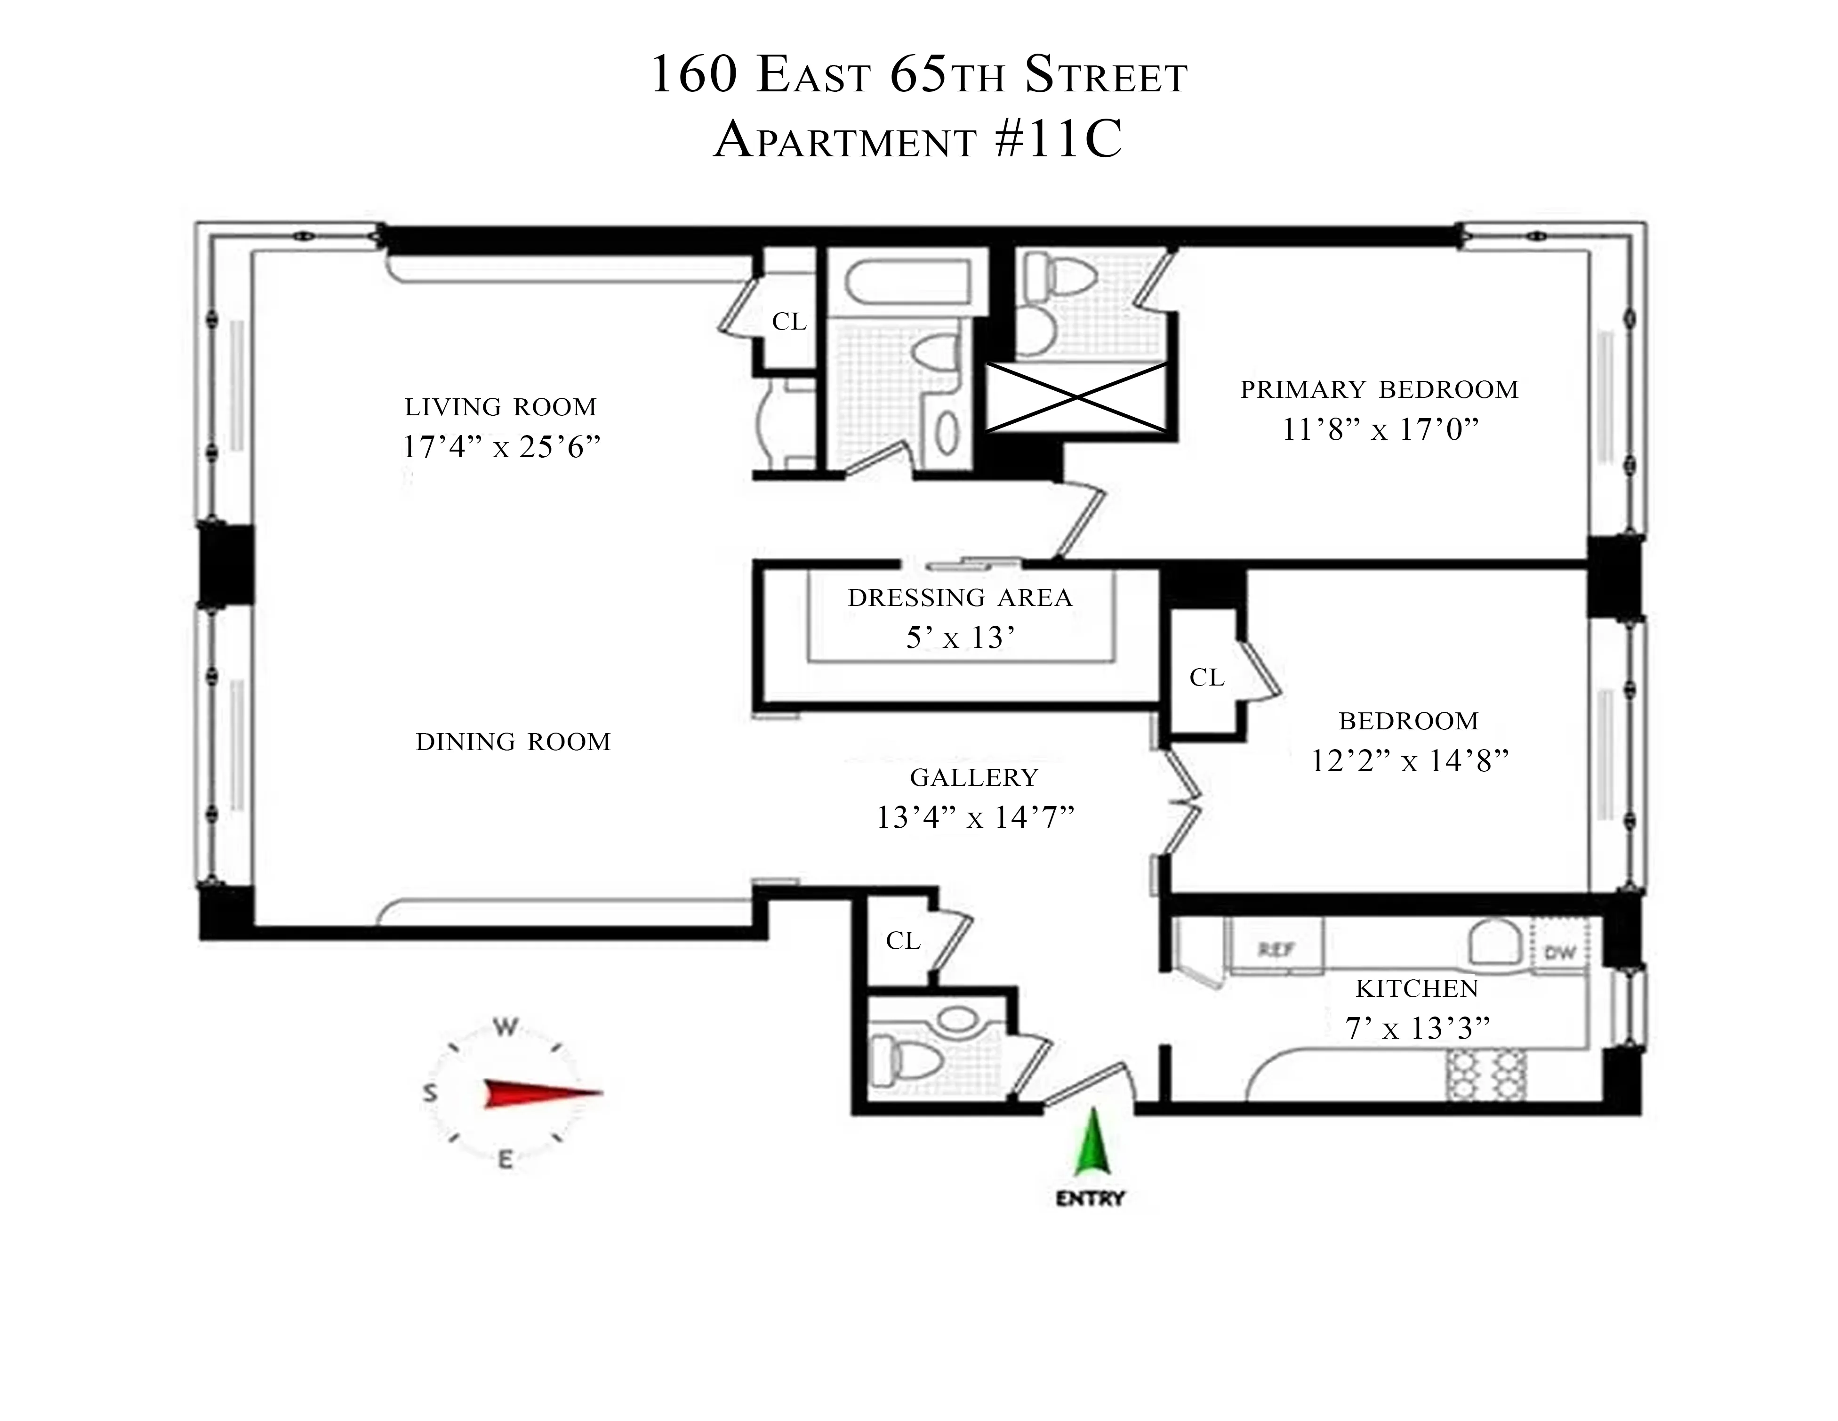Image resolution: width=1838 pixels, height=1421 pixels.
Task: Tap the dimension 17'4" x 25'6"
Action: [502, 447]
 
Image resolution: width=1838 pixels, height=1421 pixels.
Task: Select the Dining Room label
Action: [514, 742]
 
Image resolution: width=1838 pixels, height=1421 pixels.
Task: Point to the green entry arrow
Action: [1092, 1143]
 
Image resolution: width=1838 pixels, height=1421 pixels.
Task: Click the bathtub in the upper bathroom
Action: [907, 284]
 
